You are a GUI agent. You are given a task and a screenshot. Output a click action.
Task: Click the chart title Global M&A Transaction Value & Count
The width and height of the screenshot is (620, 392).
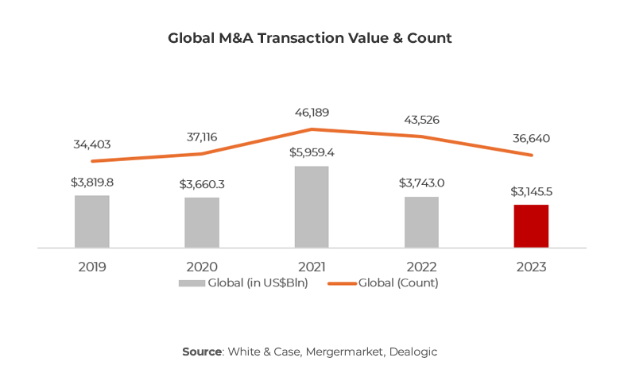(310, 38)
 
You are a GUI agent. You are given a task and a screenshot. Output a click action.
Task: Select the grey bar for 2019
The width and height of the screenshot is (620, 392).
(92, 221)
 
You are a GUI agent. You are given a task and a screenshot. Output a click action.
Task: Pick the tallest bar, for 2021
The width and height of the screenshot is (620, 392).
(312, 207)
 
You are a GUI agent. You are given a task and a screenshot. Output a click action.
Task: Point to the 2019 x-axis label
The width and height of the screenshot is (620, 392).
(92, 267)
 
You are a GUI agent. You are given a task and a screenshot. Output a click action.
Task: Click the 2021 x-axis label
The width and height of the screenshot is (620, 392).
(312, 267)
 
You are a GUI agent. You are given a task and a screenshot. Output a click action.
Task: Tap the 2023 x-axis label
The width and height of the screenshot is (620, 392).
(531, 267)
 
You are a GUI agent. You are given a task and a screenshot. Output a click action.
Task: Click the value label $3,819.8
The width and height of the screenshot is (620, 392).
(92, 182)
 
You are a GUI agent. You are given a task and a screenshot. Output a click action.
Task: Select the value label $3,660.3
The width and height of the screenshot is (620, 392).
(202, 184)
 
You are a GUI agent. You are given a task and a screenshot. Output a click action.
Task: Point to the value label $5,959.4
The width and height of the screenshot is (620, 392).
(312, 152)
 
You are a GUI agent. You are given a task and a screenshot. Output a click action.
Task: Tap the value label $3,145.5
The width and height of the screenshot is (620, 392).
(531, 192)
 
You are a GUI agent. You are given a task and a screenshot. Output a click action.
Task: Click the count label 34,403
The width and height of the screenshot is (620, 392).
(92, 144)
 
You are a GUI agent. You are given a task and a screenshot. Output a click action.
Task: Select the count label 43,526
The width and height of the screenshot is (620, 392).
(421, 120)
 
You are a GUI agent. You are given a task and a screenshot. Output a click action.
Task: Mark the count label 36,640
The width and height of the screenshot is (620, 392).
(531, 139)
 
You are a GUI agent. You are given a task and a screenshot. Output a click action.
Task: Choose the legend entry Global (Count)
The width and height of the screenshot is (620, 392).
(385, 282)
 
